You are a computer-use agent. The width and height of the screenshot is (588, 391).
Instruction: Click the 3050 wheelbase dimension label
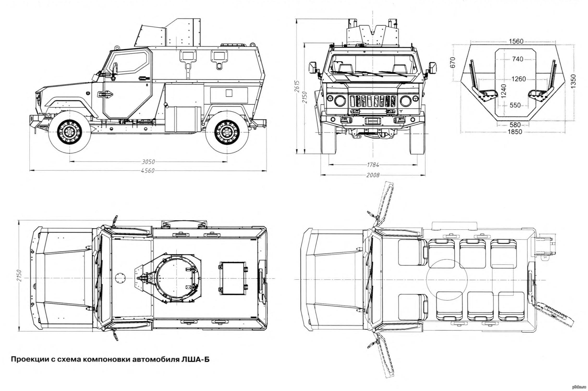148,162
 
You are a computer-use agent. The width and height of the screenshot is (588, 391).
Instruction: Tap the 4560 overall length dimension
148,171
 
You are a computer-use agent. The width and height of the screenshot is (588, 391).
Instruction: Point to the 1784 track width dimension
373,165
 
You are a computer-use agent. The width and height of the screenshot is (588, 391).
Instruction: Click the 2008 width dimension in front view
373,175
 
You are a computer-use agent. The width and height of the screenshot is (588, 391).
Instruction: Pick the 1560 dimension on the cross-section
516,41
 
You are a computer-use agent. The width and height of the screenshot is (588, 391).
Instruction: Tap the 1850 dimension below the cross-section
515,132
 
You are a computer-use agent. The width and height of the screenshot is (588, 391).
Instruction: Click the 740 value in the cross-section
518,59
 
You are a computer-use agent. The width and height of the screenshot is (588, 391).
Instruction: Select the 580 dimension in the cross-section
515,125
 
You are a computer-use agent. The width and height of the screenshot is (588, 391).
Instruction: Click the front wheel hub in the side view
70,132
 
